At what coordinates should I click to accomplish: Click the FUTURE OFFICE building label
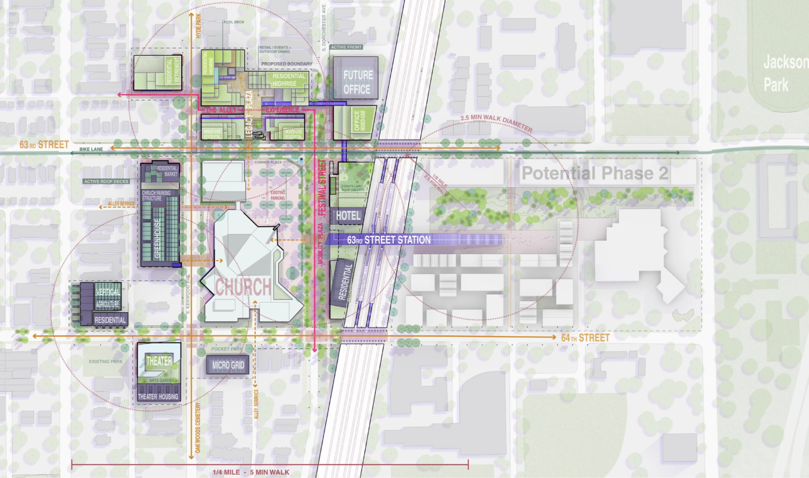tap(358, 82)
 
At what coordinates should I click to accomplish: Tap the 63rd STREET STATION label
tap(389, 240)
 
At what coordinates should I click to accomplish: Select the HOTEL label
tap(348, 215)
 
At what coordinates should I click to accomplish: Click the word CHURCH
tap(243, 287)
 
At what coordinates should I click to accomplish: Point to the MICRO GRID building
tap(228, 365)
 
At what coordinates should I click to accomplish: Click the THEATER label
tap(159, 361)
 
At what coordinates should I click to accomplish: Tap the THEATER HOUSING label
tap(158, 396)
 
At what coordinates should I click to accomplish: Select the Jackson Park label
tap(784, 73)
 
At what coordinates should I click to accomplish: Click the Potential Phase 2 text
tap(594, 173)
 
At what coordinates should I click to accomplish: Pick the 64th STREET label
tap(585, 338)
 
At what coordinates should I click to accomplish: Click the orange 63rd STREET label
tap(44, 144)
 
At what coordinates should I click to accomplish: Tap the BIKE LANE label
tap(91, 150)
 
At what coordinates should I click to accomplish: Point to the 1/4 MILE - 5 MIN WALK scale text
tap(251, 472)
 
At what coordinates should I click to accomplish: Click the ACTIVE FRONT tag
tap(346, 47)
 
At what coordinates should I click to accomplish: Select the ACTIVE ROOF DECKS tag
tap(106, 182)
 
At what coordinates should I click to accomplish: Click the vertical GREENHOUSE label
tap(157, 238)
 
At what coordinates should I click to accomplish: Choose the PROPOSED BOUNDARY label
tap(287, 64)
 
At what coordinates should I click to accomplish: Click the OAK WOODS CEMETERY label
tap(198, 427)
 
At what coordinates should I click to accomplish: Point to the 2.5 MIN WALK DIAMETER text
tap(496, 123)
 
